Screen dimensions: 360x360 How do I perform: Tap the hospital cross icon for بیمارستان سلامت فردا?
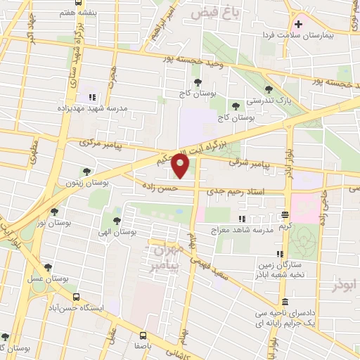(299, 25)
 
